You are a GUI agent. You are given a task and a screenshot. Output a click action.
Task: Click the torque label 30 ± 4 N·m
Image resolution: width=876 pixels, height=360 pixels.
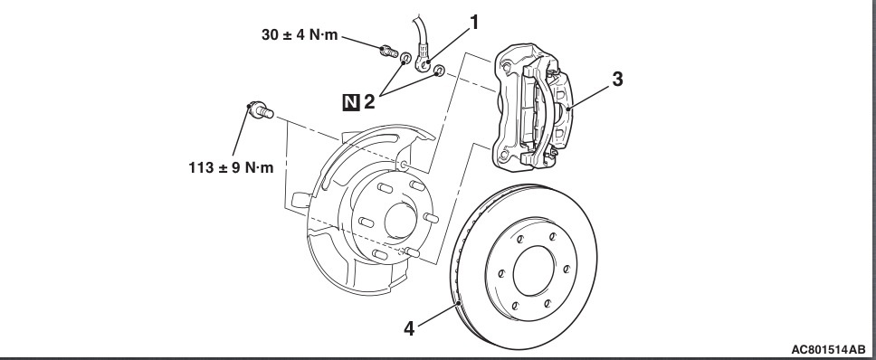point(300,34)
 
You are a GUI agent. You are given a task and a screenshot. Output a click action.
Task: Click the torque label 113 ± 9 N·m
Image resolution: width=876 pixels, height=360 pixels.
point(232,166)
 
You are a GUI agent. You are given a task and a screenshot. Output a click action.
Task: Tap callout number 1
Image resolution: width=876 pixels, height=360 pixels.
point(474,23)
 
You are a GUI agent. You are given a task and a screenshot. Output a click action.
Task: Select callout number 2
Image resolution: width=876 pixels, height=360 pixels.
point(368,102)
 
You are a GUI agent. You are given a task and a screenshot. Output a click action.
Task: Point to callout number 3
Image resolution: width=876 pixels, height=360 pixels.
point(617,80)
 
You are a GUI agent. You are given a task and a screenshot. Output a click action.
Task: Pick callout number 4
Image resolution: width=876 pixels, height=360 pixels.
point(410,328)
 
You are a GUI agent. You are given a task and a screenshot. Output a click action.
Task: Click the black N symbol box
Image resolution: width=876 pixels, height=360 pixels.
point(351,102)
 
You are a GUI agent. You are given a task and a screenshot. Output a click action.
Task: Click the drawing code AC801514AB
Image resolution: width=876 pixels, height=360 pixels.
point(828,350)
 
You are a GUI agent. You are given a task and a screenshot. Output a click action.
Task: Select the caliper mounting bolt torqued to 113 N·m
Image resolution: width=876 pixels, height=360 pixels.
point(260,110)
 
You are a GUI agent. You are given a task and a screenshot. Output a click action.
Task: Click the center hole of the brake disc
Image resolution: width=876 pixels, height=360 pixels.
point(534,270)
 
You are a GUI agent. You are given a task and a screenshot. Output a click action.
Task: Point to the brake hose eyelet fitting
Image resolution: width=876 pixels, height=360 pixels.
point(426,66)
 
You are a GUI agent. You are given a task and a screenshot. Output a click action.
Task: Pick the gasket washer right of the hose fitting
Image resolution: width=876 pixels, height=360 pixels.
point(440,71)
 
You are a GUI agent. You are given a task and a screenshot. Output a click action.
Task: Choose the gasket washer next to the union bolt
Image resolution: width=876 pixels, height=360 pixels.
point(406,57)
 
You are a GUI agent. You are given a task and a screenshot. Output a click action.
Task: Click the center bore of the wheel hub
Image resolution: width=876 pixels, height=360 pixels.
point(399,221)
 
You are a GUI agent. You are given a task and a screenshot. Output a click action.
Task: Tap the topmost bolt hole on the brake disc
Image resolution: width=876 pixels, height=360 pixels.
point(551,236)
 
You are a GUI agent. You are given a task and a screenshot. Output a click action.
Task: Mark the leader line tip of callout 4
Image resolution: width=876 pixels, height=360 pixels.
point(458,303)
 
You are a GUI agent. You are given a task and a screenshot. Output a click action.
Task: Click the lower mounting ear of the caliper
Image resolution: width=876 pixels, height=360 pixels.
point(503,156)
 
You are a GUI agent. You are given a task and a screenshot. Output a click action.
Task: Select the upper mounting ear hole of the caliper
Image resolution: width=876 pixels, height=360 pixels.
point(506,68)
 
